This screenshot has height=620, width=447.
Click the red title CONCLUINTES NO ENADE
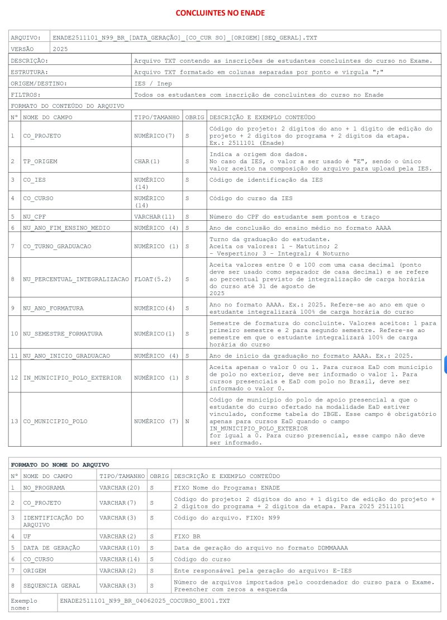220,13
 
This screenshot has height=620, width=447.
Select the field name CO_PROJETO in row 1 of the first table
42,136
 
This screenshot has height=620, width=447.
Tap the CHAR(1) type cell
147,161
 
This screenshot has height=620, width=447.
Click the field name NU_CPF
35,216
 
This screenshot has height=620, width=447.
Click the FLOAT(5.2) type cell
153,278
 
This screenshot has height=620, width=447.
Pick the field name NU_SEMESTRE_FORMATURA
63,334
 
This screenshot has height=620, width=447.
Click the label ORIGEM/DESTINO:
39,83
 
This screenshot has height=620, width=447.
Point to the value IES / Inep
153,83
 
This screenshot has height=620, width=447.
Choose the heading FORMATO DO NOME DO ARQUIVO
60,465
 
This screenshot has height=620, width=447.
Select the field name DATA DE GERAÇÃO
51,548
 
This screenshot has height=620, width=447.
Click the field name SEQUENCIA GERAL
51,586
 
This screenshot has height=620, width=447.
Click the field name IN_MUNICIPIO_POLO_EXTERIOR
72,377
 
